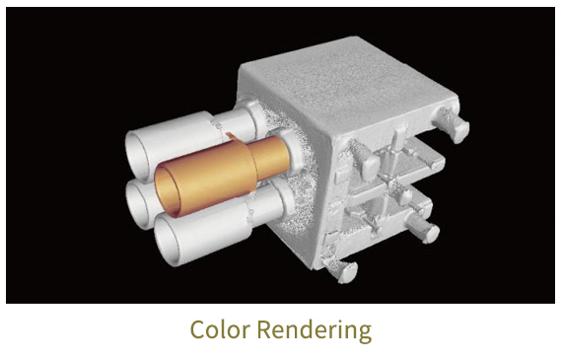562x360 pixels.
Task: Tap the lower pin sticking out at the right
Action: click(x=425, y=232)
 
